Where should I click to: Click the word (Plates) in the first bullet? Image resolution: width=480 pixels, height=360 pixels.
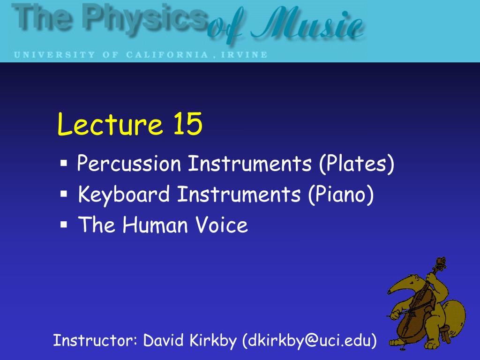click(356, 165)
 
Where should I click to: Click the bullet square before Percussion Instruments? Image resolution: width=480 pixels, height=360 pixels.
click(64, 164)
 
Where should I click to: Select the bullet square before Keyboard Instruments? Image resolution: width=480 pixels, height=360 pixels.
click(64, 194)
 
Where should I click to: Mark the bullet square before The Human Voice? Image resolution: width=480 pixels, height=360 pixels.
click(64, 225)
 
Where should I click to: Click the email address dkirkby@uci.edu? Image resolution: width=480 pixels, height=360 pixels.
click(309, 340)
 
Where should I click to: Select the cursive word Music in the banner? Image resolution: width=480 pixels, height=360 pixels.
click(319, 26)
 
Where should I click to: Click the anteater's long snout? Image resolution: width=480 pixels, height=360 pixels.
click(398, 287)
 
